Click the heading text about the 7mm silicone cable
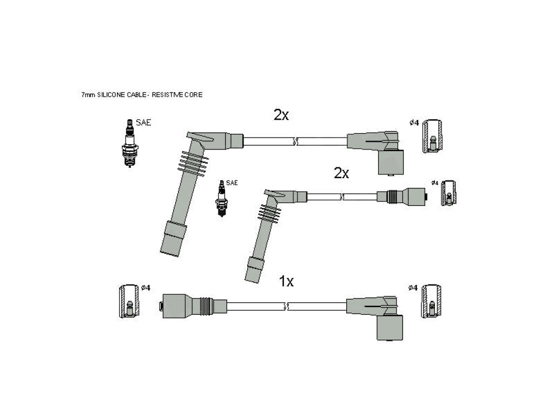coord(142,95)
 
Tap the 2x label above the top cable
coord(281,115)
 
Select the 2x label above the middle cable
coord(341,173)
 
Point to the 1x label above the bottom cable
coord(286,281)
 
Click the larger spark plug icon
coord(129,143)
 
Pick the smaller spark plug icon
coord(221,198)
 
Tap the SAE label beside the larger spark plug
coord(143,123)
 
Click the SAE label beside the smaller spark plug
coord(232,183)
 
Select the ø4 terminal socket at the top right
coord(432,136)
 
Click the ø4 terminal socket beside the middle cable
coord(449,193)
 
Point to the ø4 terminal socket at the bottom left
coord(129,301)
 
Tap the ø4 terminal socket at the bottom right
coord(431,301)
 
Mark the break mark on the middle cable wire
coord(341,197)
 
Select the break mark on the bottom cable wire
coord(287,307)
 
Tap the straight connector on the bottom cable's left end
coord(194,305)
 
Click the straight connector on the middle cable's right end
coord(403,197)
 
